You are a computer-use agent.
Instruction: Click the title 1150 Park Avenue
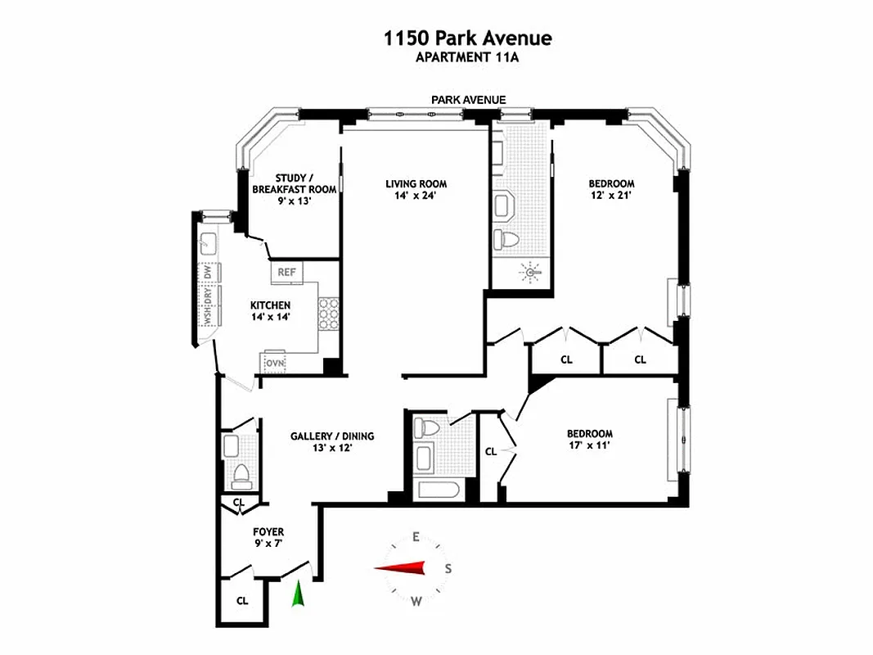[x=468, y=38]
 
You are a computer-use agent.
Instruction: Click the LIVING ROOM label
[x=416, y=184]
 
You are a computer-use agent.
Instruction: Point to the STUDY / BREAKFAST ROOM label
[x=294, y=183]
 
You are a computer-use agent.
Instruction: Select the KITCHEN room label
[x=270, y=305]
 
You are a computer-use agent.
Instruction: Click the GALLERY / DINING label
[x=332, y=436]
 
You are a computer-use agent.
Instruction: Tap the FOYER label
[x=268, y=532]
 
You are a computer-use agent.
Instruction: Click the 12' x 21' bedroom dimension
[x=611, y=196]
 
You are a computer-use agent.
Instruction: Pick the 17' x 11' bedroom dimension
[x=589, y=446]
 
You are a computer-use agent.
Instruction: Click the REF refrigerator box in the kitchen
[x=286, y=272]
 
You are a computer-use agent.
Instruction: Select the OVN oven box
[x=274, y=361]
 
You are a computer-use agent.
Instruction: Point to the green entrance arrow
[x=299, y=593]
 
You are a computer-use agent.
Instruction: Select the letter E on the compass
[x=416, y=537]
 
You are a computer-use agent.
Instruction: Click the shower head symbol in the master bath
[x=529, y=269]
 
